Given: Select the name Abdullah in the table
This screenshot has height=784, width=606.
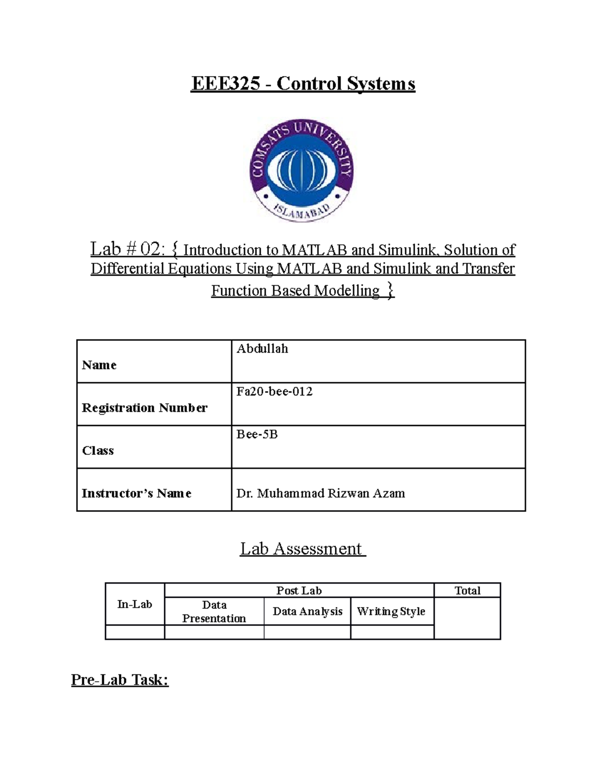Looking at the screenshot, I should pos(262,349).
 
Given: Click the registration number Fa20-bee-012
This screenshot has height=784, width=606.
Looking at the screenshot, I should pos(274,392).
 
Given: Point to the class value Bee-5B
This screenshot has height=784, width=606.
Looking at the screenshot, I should pos(257,435).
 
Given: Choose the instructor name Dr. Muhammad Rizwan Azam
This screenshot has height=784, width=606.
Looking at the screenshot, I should pos(320,493).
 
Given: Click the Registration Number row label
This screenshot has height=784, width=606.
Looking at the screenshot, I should pos(144,408).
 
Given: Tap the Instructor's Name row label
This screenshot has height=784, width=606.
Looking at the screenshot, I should pos(136,493).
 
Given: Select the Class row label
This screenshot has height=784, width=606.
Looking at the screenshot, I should pos(98,450).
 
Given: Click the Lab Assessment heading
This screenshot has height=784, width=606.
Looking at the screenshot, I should pos(302,549).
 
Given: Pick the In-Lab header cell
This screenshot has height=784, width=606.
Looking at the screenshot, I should pos(134,604).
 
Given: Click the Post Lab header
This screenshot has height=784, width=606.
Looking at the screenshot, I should pos(299,591).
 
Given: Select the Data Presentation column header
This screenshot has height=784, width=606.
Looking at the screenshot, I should pos(214,611).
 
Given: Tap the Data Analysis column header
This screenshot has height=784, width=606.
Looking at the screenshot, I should pos(307,611).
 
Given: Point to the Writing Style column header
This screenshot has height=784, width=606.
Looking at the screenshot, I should pos(391,611).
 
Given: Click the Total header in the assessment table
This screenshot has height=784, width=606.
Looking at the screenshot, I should pos(467,591).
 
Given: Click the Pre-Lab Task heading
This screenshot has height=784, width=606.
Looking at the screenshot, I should pos(120,680).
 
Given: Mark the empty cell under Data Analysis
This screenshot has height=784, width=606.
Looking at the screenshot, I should pos(307,632).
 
